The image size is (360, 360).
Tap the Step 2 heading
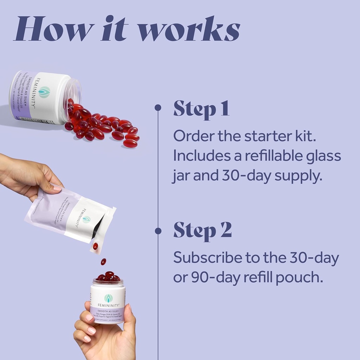202,230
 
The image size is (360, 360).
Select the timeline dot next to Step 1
158,108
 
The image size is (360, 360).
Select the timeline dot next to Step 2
158,231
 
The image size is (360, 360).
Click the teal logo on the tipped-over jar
44,92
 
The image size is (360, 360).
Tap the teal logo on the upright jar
108,298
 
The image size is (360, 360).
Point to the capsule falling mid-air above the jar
103,262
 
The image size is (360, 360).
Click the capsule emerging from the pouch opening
95,246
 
